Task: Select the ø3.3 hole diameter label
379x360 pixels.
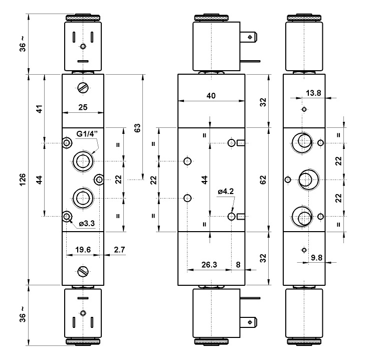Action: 87,224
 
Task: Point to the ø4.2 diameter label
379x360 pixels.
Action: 226,191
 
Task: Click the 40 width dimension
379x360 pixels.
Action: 211,96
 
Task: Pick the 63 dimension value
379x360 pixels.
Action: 137,128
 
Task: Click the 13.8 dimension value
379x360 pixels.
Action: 313,93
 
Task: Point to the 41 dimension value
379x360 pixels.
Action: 39,108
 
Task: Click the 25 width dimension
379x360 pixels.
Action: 83,107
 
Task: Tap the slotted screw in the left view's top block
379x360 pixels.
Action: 83,88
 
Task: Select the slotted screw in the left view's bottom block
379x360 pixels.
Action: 83,272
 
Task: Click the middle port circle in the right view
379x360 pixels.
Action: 305,179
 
